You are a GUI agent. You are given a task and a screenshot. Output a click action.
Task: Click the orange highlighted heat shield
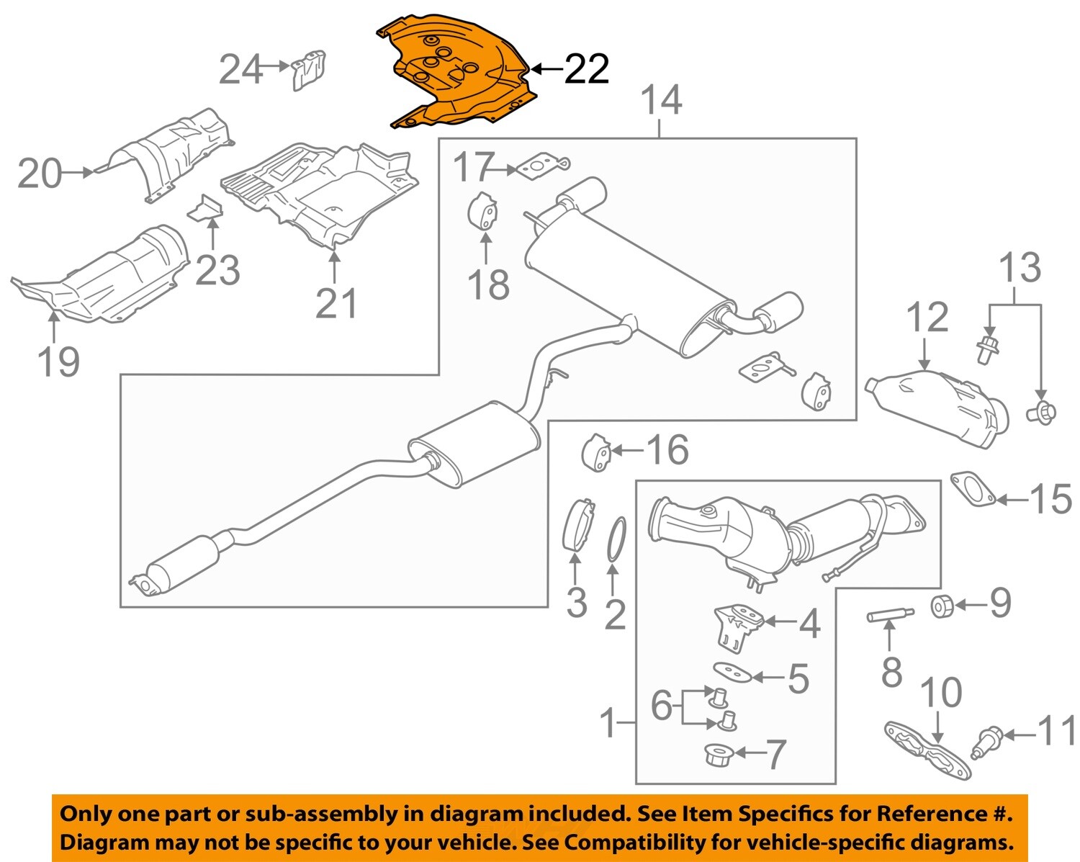(461, 76)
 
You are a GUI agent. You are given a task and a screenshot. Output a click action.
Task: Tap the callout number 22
(586, 70)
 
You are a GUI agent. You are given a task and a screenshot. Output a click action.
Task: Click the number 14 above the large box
(660, 100)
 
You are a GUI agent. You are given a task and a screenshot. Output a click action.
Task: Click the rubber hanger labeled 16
(596, 452)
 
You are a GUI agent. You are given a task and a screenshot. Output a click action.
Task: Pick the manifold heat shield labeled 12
(936, 407)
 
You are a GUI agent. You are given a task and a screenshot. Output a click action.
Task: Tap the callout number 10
(940, 693)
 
